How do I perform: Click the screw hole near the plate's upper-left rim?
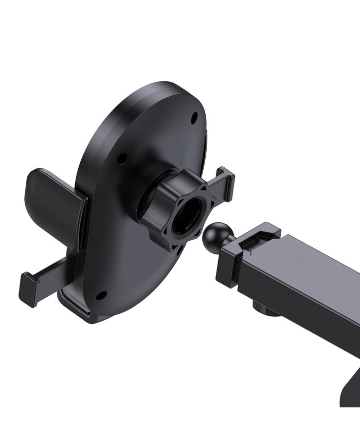click(x=121, y=158)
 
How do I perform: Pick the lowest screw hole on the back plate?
click(x=101, y=296)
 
